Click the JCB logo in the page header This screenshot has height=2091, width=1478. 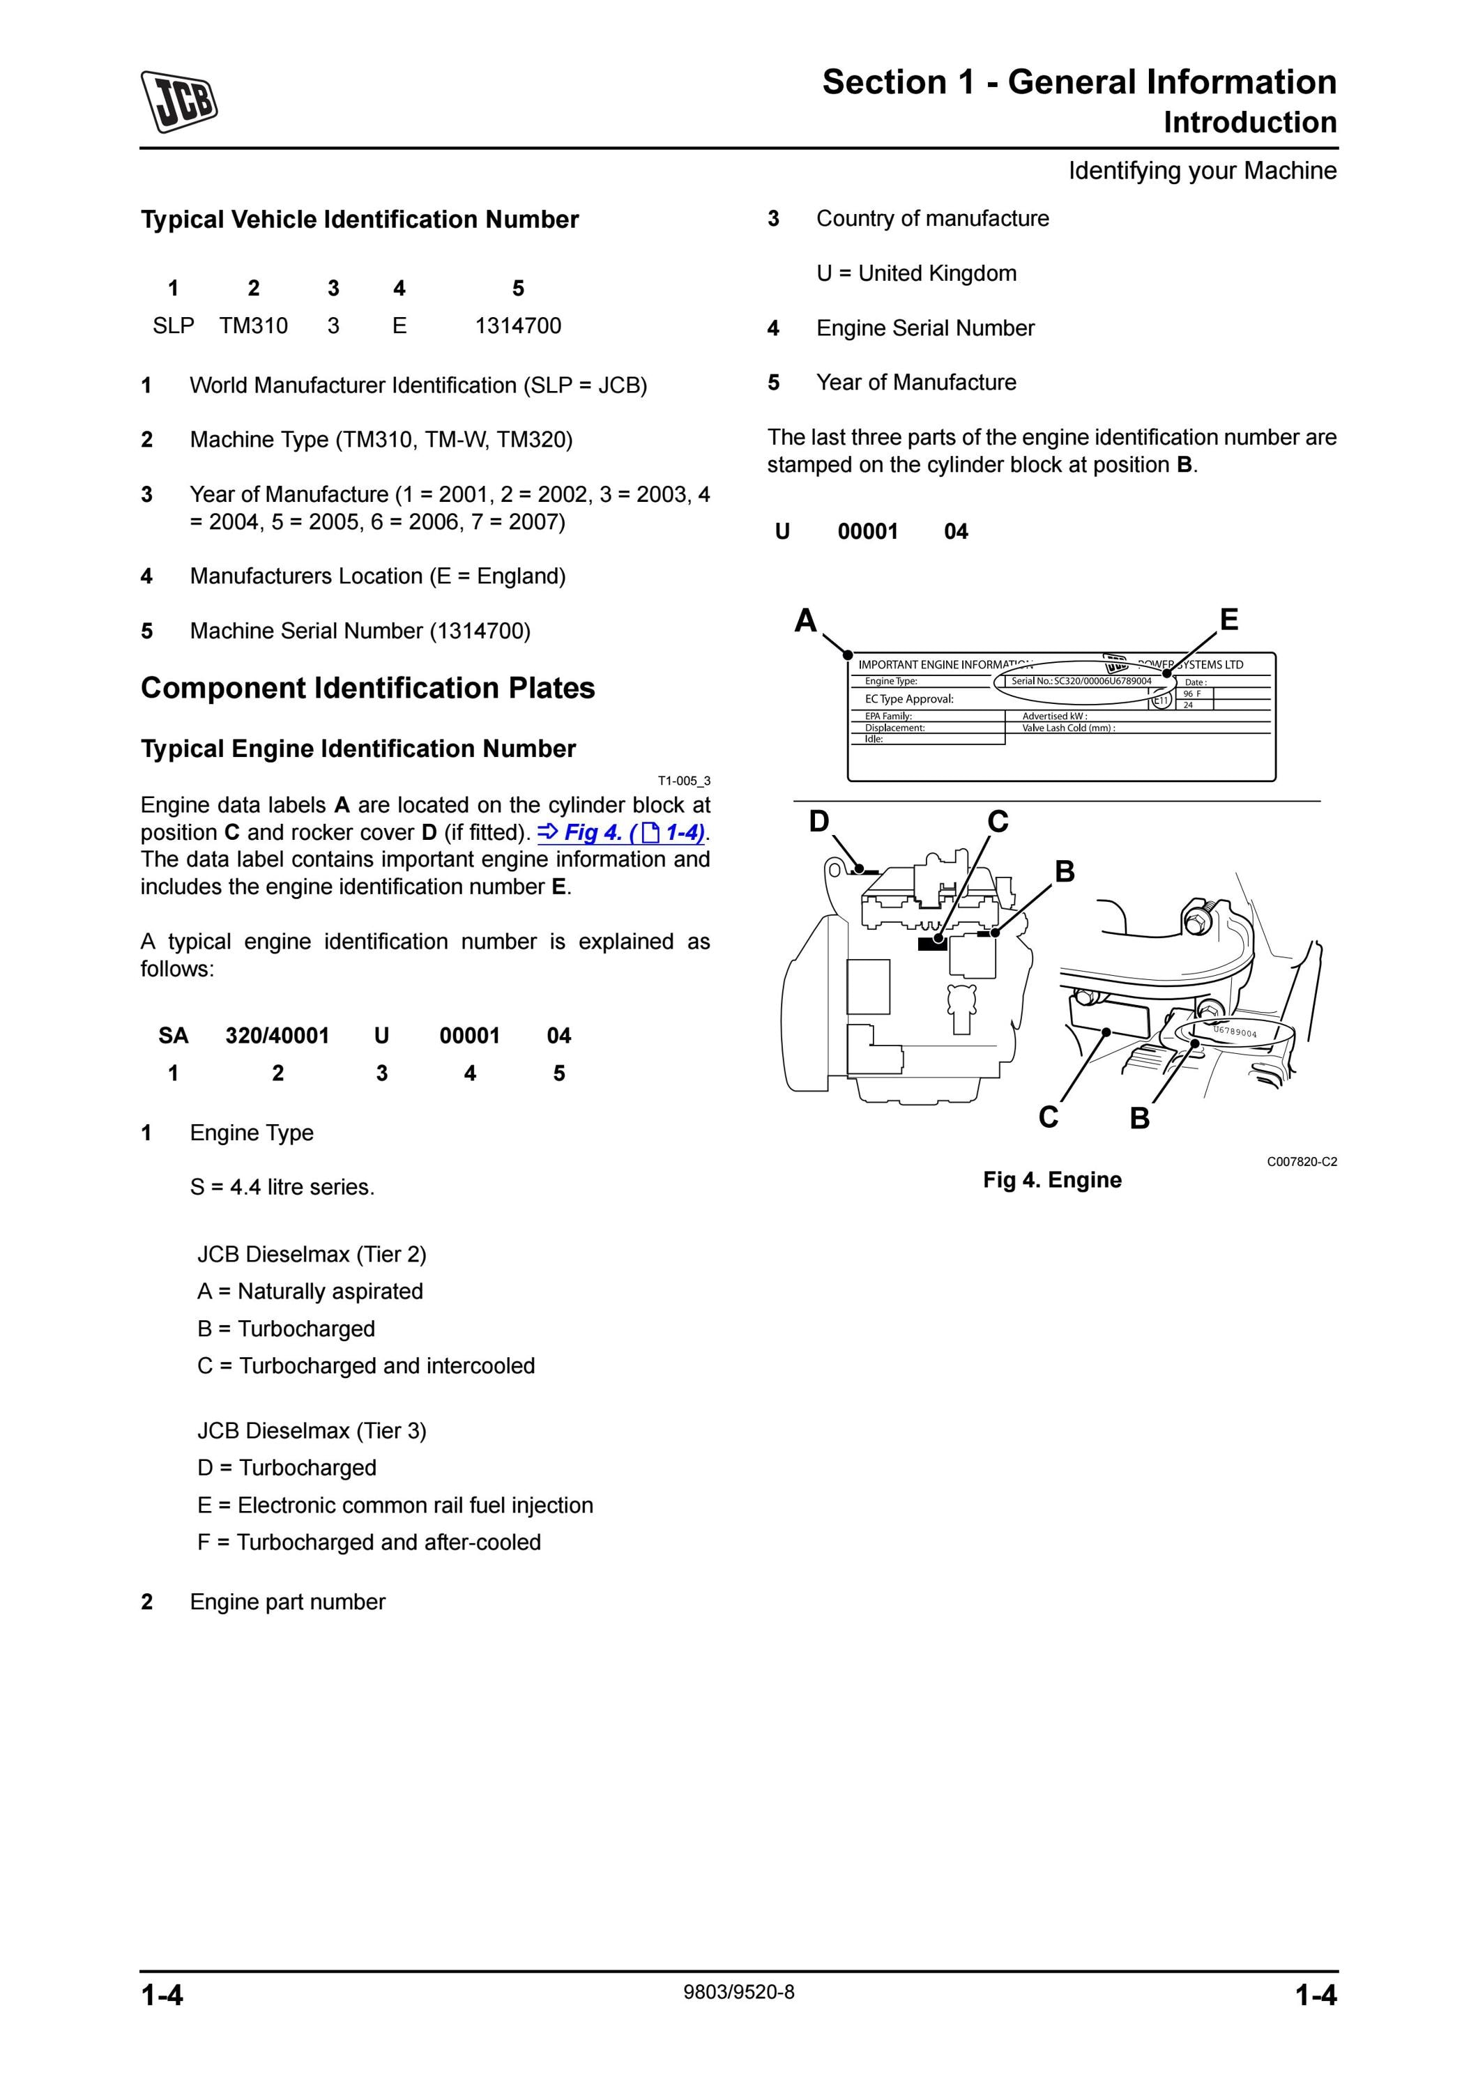point(178,101)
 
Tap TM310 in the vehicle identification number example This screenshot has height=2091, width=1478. point(253,326)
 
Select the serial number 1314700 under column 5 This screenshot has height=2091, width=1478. point(518,326)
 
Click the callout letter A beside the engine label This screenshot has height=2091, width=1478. point(805,620)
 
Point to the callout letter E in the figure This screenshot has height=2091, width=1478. point(1228,620)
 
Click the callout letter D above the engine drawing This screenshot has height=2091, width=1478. point(818,822)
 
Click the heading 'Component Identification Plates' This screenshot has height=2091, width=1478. point(368,689)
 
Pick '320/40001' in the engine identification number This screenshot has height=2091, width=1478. point(277,1036)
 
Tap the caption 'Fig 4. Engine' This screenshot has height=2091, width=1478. point(1052,1179)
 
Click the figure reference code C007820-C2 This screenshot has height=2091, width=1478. point(1302,1162)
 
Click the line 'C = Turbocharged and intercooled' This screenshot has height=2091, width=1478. point(366,1366)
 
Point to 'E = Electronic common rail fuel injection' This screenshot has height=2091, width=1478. point(395,1506)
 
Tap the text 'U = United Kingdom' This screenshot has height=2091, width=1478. point(916,273)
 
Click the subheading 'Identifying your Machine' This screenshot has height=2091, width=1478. point(1202,171)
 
